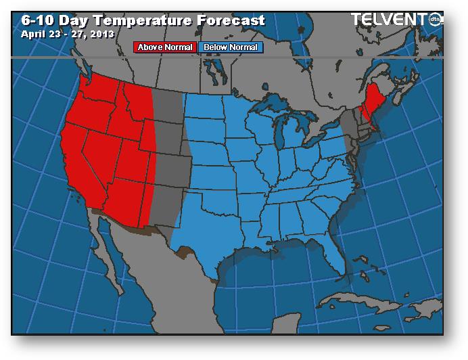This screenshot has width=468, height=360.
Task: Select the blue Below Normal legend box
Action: (230, 47)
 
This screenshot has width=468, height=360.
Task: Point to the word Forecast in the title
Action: (230, 20)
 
